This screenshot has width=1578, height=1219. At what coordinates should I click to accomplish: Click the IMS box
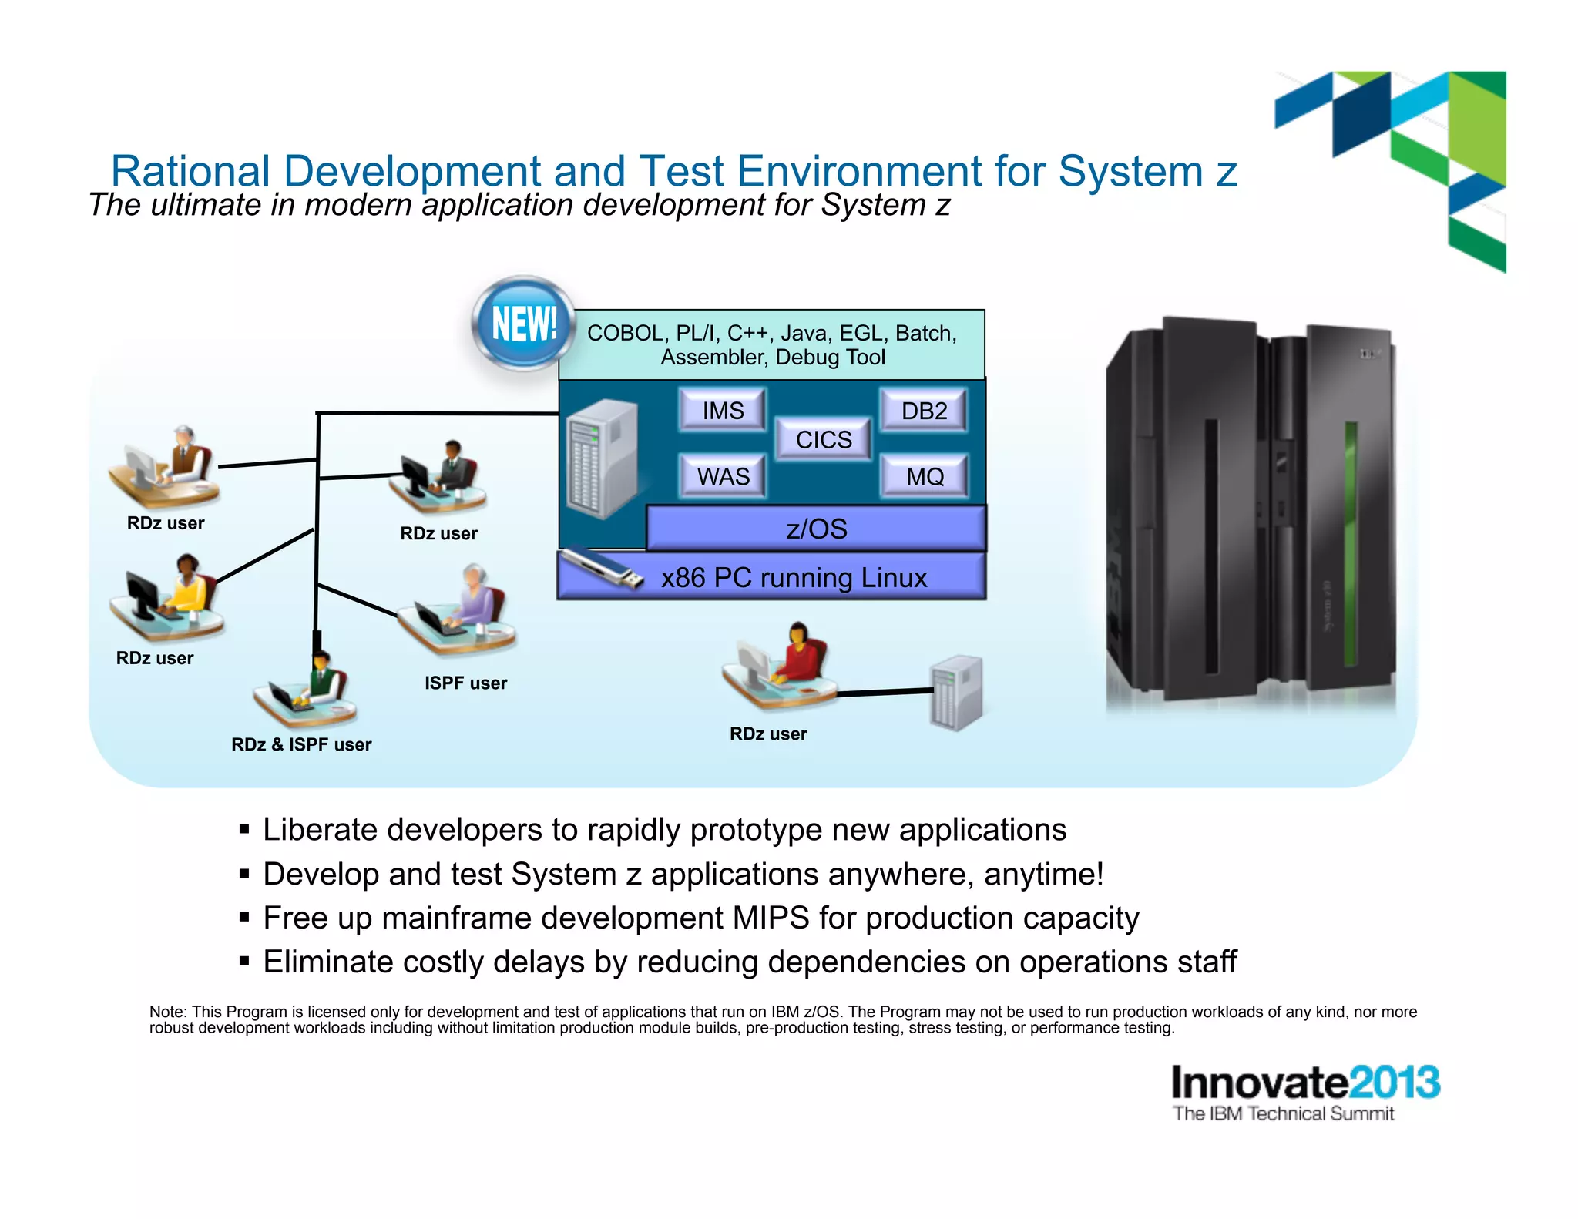[x=723, y=410]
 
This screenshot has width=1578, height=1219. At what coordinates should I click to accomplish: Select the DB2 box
[x=924, y=410]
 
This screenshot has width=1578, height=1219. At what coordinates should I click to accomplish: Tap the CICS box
[x=823, y=439]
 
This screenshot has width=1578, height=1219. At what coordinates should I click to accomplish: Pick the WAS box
[x=723, y=476]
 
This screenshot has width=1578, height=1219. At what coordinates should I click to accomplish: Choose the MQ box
[x=924, y=476]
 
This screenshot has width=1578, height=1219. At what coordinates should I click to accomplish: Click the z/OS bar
[x=816, y=529]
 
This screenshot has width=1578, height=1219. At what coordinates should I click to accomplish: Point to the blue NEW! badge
[x=524, y=323]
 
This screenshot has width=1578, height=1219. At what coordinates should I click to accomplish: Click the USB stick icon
[x=600, y=569]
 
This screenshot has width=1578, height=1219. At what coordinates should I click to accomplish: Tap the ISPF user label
[x=465, y=683]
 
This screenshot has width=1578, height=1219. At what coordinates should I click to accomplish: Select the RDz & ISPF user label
[x=301, y=744]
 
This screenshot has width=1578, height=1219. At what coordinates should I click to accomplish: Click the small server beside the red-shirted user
[x=956, y=692]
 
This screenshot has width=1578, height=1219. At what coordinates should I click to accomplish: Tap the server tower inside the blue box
[x=602, y=459]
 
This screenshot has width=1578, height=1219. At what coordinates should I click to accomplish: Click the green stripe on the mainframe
[x=1349, y=542]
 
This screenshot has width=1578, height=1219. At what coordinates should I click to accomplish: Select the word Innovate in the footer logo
[x=1259, y=1083]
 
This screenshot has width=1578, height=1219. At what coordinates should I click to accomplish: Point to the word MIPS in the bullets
[x=771, y=918]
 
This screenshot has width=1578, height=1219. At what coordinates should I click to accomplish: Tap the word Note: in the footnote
[x=167, y=1012]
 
